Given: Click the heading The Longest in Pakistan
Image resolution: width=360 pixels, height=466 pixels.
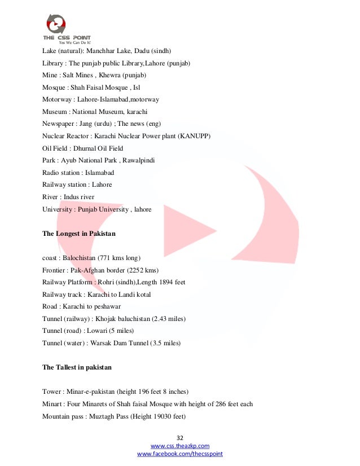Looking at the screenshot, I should point(78,234).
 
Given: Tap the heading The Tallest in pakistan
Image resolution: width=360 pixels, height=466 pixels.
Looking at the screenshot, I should point(77,367).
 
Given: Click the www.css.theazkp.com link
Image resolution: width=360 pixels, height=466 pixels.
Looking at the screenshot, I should point(181,446).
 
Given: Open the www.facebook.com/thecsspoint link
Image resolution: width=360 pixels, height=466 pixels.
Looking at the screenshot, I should point(181,454).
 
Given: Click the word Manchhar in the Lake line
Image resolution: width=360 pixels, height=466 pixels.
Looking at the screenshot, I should point(108,51).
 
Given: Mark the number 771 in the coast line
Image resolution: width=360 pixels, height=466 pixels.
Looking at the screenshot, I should point(106,258).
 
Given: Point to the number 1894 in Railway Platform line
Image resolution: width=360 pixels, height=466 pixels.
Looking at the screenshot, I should point(160,282).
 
